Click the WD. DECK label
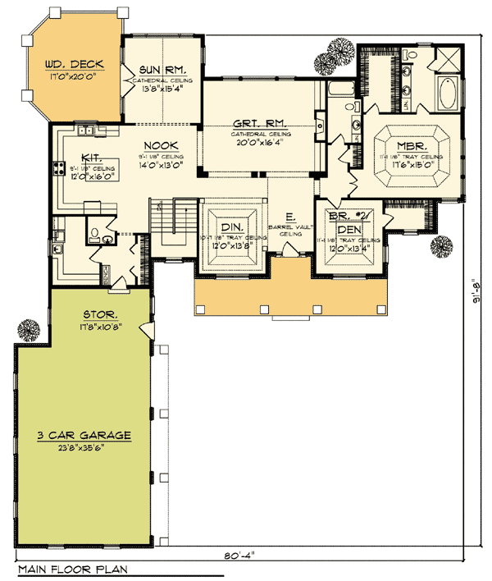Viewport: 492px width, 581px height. pyautogui.click(x=73, y=63)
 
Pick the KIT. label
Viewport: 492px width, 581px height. pyautogui.click(x=92, y=158)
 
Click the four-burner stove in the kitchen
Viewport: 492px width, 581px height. pyautogui.click(x=60, y=170)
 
